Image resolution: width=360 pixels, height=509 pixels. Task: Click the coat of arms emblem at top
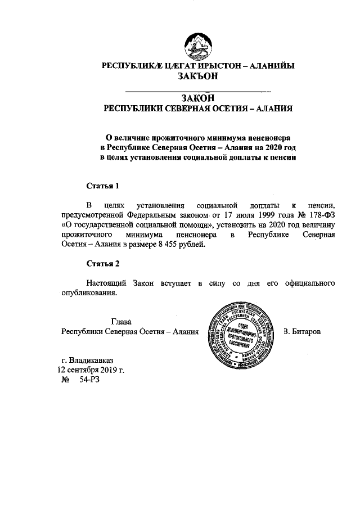click(x=197, y=45)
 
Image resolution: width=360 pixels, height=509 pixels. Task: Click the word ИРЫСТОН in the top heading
click(x=210, y=66)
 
